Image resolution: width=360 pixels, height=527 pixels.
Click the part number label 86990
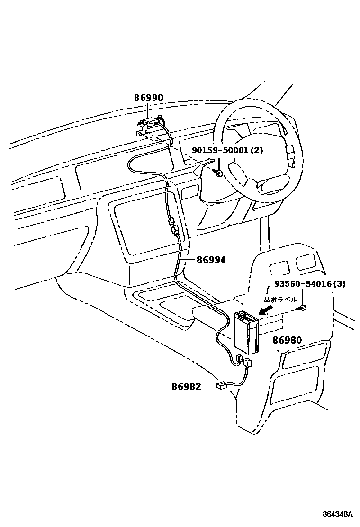148,98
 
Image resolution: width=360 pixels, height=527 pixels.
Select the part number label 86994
211,260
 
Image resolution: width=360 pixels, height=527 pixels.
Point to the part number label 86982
186,387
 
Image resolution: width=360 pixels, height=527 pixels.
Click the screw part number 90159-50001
221,151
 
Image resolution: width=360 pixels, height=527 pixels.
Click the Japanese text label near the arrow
280,300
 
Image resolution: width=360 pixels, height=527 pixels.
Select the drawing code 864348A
337,514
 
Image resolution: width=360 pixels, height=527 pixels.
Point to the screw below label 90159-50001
219,173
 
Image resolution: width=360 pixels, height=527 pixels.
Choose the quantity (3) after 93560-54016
339,284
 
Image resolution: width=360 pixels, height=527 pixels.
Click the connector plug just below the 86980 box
247,363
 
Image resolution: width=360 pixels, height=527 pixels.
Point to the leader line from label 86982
209,387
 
